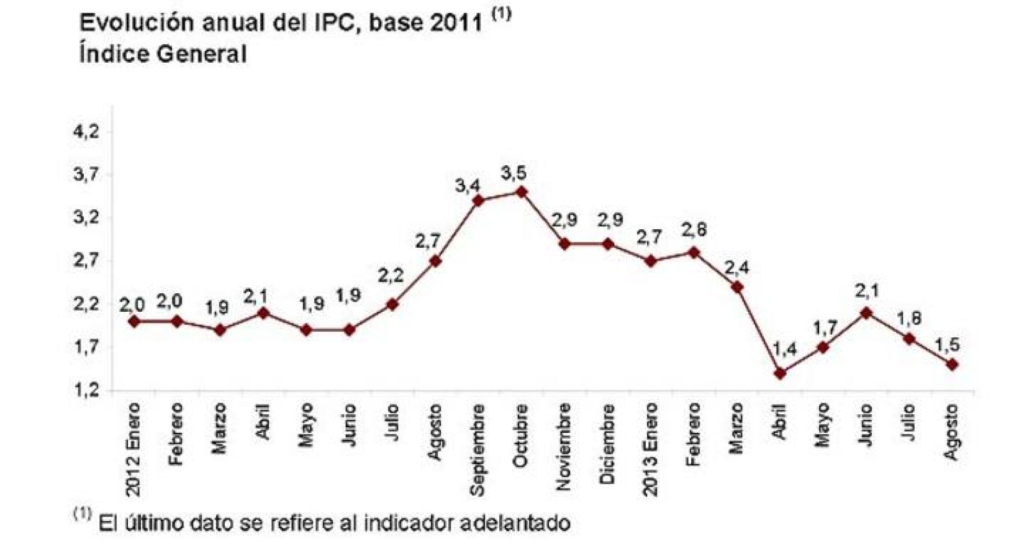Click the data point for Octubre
tap(521, 191)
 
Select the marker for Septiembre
tap(478, 200)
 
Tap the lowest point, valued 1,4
tap(780, 373)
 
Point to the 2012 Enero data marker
tap(134, 321)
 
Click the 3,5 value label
tap(513, 172)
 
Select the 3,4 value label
tap(467, 186)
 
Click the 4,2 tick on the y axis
tap(86, 132)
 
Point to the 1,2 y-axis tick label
tap(86, 391)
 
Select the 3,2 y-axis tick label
tap(86, 218)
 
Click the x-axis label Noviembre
tap(564, 446)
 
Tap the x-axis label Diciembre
tap(607, 443)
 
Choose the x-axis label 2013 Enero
tap(650, 449)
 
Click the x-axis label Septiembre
tap(477, 449)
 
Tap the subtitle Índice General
tap(163, 54)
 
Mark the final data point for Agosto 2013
tap(952, 364)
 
